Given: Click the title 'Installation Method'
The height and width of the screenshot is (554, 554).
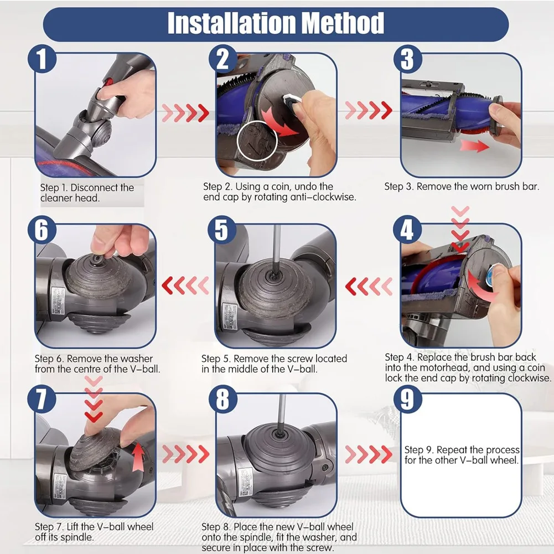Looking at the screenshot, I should tap(276, 24).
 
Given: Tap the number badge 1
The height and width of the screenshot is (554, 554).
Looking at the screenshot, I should tap(43, 59).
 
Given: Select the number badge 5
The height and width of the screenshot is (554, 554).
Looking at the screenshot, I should tap(221, 229).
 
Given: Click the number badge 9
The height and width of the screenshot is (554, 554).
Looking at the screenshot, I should tap(408, 398).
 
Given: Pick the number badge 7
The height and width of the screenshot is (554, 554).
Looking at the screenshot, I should tap(43, 399).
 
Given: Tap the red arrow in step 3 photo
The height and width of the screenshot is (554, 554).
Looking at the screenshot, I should tap(474, 147).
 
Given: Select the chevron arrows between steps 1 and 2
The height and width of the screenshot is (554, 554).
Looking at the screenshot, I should tap(184, 113).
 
